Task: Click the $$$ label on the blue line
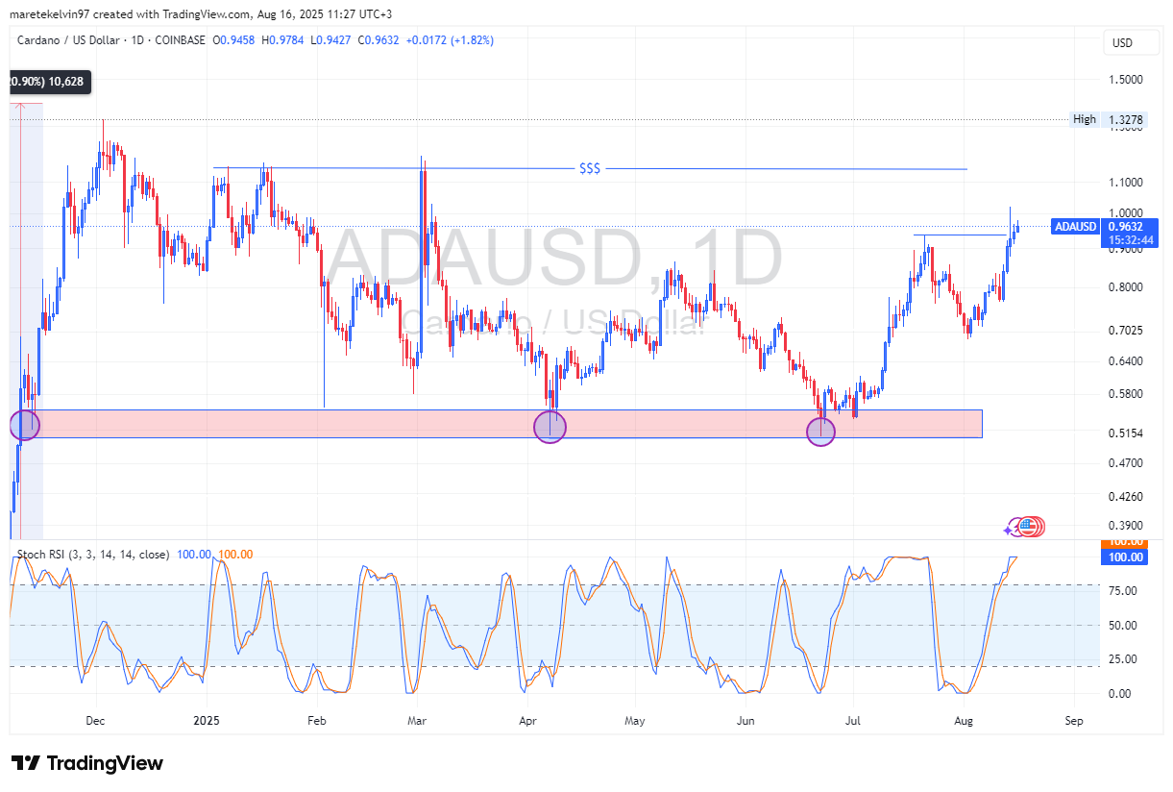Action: click(x=590, y=169)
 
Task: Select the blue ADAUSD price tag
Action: click(x=1074, y=227)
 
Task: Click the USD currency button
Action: click(x=1122, y=43)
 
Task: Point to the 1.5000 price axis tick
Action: click(x=1125, y=80)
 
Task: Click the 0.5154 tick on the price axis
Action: click(x=1125, y=433)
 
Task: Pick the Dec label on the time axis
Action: click(x=94, y=720)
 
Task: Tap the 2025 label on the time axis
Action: click(x=207, y=720)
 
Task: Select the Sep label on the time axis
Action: click(x=1074, y=720)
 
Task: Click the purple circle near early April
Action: click(x=550, y=426)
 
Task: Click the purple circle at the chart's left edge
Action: click(x=24, y=424)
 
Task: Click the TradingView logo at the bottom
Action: click(x=87, y=763)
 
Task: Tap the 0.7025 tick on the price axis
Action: click(x=1125, y=331)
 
